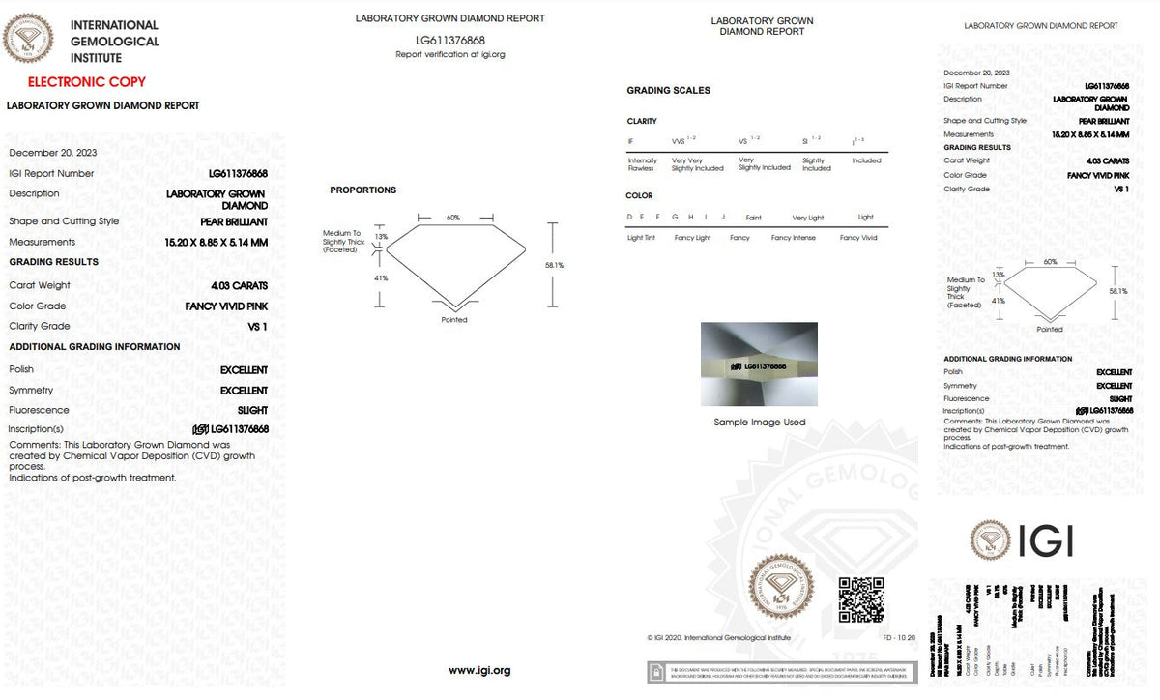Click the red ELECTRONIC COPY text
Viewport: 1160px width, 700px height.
coord(87,82)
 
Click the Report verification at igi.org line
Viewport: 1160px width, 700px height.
coord(450,55)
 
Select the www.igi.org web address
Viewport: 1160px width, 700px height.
coord(479,670)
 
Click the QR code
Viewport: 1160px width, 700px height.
coord(860,599)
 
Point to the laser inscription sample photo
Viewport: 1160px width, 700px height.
coord(759,365)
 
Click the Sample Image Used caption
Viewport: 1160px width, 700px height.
coord(759,423)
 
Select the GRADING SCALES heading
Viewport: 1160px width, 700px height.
coord(668,90)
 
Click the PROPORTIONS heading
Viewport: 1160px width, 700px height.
coord(362,190)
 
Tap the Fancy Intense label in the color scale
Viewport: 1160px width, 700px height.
coord(793,238)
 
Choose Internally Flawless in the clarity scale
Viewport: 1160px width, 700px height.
coord(642,164)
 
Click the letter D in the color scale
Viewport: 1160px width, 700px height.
coord(629,218)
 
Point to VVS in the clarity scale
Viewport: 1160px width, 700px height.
coord(679,141)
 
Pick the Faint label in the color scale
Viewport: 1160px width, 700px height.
coord(753,218)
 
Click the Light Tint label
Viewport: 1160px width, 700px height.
coord(642,238)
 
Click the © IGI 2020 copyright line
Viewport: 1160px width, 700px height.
coord(718,638)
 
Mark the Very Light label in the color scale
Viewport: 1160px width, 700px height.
coord(807,218)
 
